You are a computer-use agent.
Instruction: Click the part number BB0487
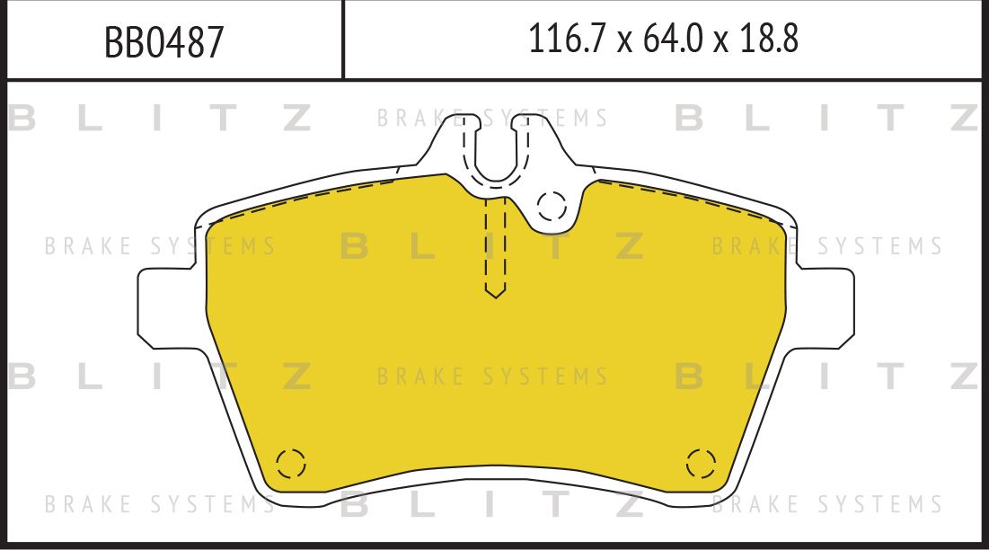coord(163,41)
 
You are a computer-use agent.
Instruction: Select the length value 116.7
coord(561,40)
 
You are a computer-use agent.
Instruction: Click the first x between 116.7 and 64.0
coord(623,41)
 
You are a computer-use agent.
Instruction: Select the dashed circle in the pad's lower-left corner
coord(291,463)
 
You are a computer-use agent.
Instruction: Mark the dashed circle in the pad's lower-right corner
coord(700,463)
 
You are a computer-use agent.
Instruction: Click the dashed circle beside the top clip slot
coord(551,207)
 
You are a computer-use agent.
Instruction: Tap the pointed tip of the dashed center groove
coord(495,294)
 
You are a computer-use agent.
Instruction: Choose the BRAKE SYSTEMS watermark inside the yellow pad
coord(492,376)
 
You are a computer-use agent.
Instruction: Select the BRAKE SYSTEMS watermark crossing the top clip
coord(492,119)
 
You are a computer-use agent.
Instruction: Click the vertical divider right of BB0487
coord(343,40)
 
